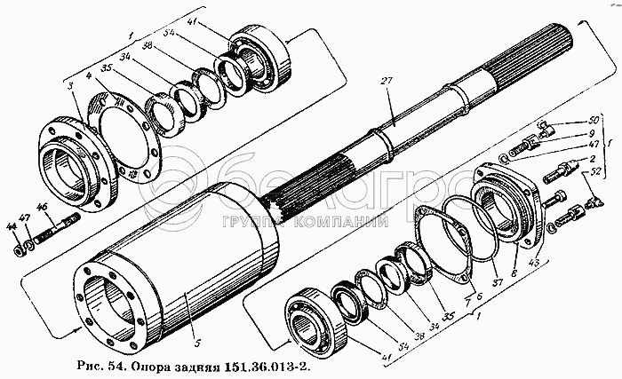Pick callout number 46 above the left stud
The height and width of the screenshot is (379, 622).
(x=40, y=208)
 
